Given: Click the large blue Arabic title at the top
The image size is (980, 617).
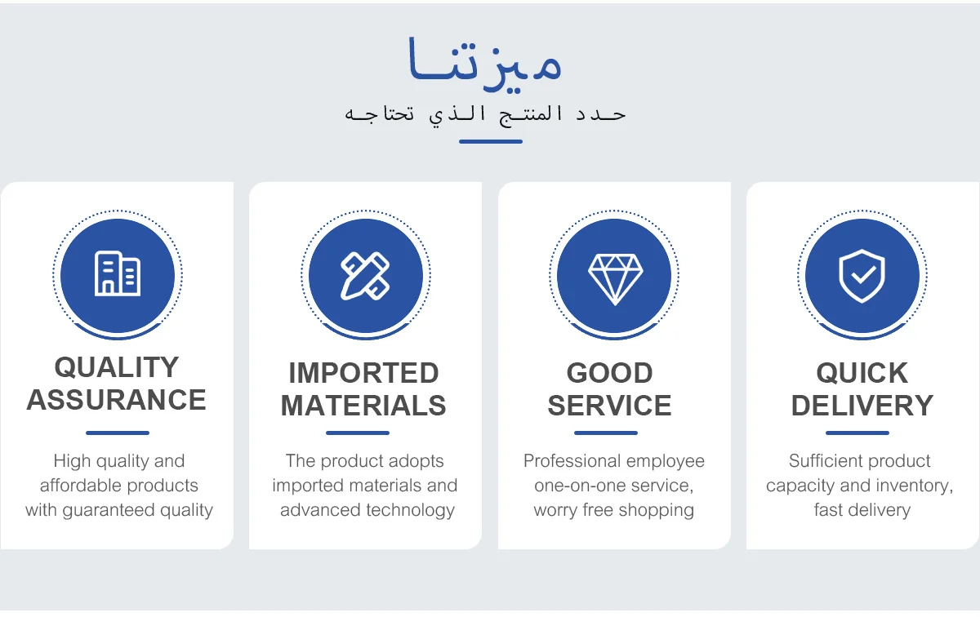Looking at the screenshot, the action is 484,64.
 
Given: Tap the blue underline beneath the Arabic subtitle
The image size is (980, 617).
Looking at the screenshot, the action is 491,142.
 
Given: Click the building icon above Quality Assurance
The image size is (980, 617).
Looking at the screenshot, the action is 118,273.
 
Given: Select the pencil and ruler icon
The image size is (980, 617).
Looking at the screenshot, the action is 365,276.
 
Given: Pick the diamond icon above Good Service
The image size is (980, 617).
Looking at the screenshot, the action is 615,279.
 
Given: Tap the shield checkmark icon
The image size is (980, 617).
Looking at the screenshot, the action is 862,276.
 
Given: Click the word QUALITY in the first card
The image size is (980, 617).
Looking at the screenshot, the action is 116,367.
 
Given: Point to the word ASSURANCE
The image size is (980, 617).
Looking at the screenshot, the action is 116,400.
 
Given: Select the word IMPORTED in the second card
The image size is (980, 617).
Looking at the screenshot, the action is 363,373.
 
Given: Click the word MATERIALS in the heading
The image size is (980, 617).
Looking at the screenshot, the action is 363,406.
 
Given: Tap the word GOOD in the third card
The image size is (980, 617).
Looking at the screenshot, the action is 609,373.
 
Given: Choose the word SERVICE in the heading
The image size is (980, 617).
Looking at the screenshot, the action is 609,406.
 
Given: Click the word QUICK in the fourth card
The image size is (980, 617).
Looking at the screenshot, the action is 862,373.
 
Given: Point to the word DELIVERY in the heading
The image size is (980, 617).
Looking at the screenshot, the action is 862,406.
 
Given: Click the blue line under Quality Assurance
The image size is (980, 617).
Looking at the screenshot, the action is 118,433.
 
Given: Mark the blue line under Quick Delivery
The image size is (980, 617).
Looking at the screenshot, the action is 857,433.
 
